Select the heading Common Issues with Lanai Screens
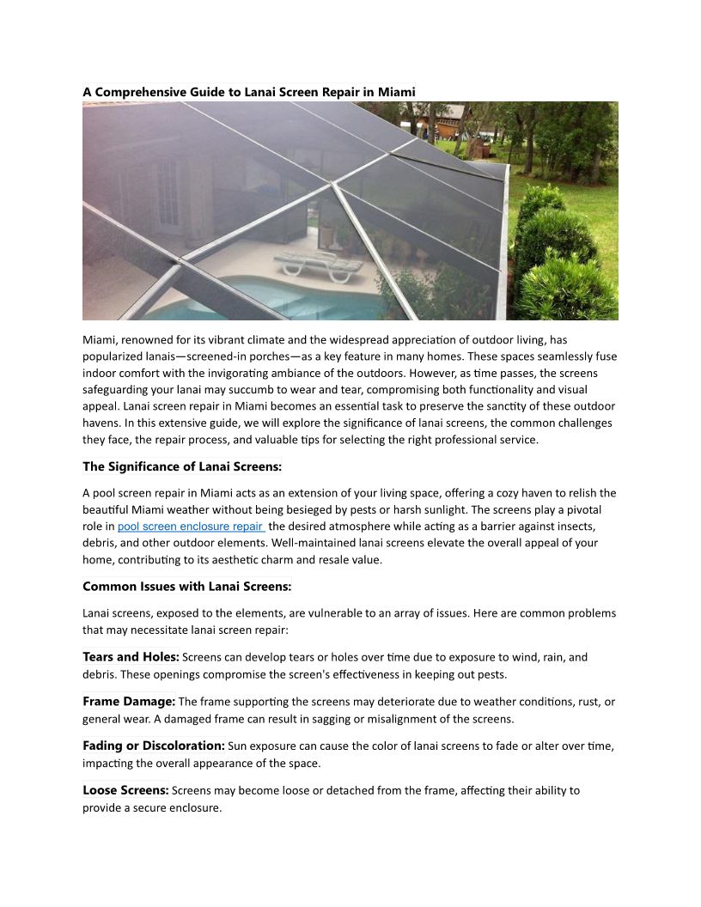tap(186, 587)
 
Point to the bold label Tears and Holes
tap(131, 657)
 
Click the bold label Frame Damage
tap(129, 702)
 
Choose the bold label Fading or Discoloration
tap(154, 746)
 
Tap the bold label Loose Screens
tap(125, 790)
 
